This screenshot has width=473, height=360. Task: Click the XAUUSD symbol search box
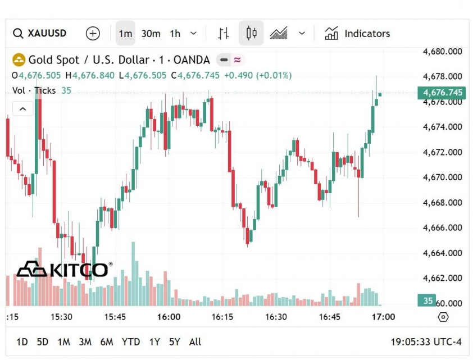[40, 34]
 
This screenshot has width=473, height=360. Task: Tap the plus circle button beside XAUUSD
[93, 34]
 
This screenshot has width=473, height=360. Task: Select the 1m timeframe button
[125, 34]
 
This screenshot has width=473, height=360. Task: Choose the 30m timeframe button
[151, 34]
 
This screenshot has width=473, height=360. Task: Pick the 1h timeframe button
[175, 34]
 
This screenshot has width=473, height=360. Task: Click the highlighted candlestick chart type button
[251, 34]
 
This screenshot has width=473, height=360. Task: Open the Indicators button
[357, 34]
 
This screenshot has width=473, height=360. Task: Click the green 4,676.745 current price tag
[443, 93]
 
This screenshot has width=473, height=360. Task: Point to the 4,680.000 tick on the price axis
[443, 51]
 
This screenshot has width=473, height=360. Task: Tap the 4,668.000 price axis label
[443, 202]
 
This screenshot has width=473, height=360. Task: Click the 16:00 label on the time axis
[169, 317]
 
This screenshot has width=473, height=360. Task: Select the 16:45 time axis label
[330, 317]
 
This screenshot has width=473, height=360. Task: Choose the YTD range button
[131, 341]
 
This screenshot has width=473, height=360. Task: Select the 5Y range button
[175, 341]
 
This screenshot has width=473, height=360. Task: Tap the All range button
[195, 341]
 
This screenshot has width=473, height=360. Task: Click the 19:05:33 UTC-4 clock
[426, 341]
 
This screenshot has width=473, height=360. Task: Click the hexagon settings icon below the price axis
[443, 317]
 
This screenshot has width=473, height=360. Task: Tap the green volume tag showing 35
[427, 300]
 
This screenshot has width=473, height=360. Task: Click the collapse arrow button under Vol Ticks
[22, 108]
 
